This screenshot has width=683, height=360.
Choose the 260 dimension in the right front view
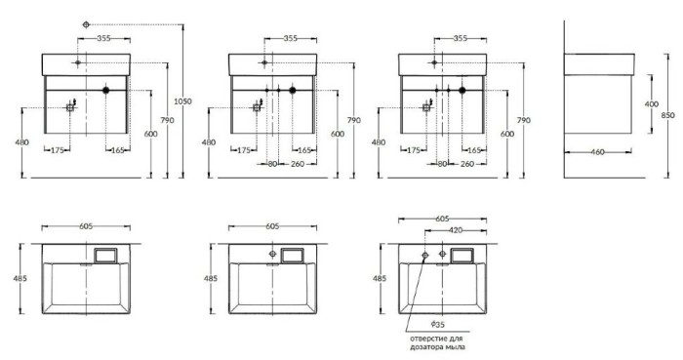click(467, 163)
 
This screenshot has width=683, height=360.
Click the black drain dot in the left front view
click(104, 91)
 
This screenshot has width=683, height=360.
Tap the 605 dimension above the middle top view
click(272, 225)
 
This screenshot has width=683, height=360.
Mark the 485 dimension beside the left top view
click(20, 278)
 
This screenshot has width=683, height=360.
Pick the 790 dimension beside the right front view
click(524, 119)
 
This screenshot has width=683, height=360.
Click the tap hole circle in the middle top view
click(272, 256)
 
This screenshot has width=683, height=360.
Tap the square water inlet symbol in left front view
click(70, 109)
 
